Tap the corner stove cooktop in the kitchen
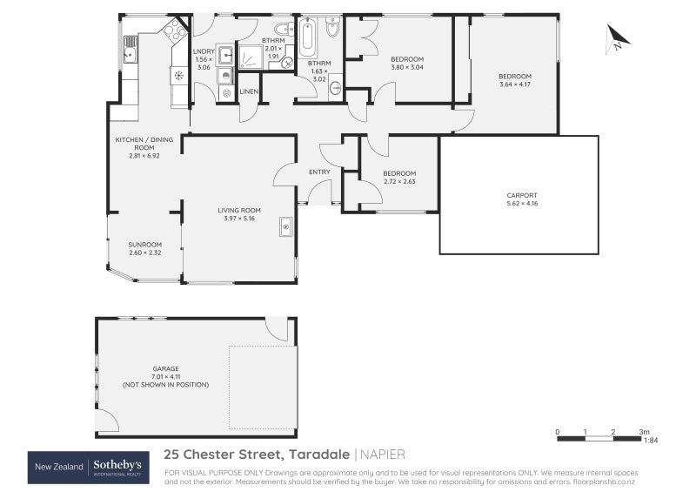point(175,32)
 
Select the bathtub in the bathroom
point(307,38)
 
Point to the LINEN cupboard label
point(249,91)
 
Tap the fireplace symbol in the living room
point(285,227)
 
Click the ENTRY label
point(319,172)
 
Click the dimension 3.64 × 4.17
point(515,84)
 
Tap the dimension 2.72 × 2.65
point(399,181)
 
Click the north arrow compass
point(618,38)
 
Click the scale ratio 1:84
point(650,441)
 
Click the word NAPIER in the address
point(384,455)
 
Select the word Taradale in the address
point(318,455)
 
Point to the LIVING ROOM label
point(239,210)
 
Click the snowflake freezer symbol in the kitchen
point(178,75)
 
